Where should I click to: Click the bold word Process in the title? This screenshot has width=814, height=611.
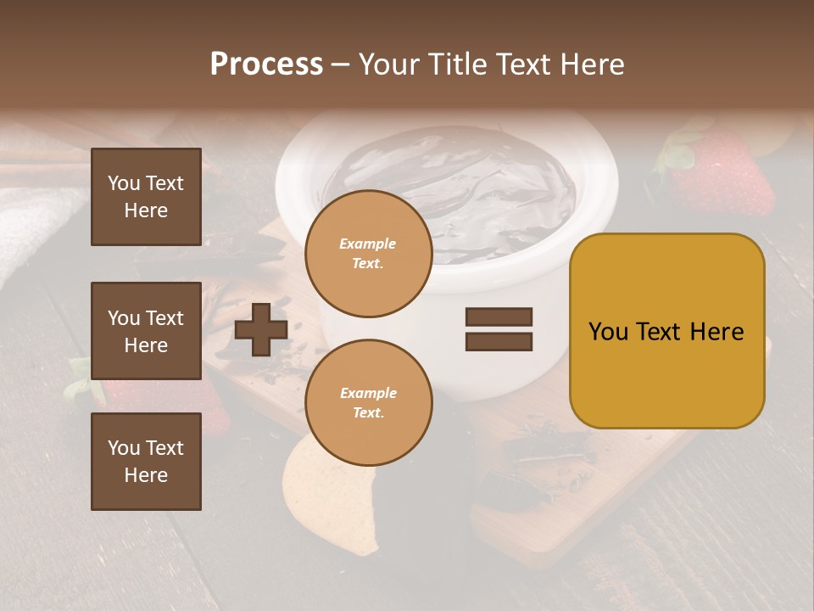266,64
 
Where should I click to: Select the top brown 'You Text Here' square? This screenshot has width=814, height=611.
146,197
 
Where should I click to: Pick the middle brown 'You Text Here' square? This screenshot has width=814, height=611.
146,331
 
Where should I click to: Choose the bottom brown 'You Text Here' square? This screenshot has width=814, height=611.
146,462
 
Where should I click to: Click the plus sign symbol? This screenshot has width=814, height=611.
260,330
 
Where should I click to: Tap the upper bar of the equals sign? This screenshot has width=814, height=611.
499,317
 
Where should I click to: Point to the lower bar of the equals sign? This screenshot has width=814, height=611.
499,342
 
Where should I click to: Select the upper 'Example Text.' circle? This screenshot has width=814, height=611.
368,254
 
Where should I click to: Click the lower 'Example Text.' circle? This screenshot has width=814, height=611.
368,403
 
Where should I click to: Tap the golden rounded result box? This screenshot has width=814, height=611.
666,331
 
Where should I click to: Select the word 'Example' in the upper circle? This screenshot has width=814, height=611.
368,244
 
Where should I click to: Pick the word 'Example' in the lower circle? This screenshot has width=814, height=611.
368,393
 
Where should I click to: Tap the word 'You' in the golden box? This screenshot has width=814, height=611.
607,332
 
